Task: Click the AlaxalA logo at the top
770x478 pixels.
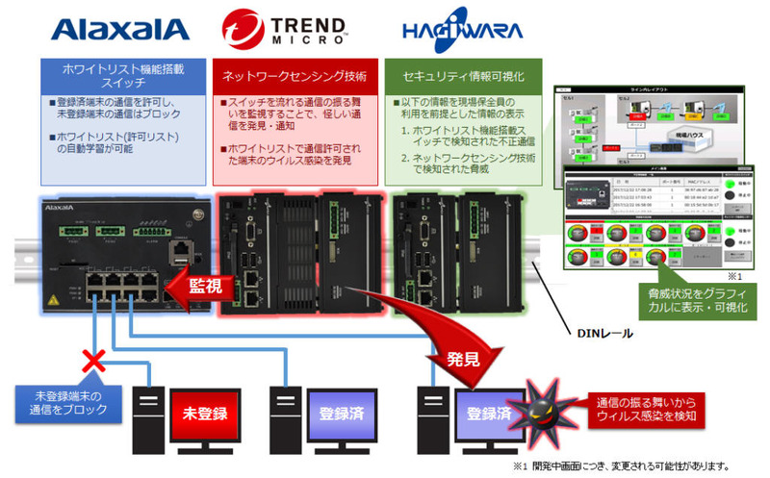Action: click(x=119, y=28)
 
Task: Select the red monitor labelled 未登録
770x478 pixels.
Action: click(x=205, y=414)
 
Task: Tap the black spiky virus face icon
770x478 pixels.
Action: click(x=532, y=411)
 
